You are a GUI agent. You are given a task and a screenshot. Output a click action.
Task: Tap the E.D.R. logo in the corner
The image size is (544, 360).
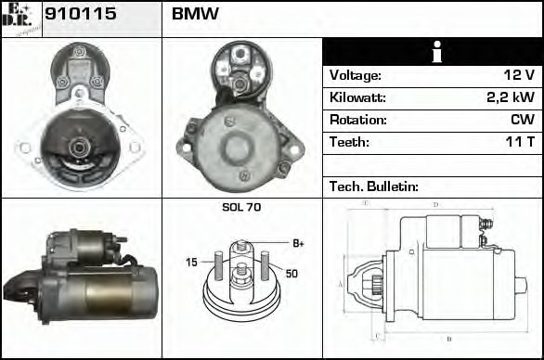20,19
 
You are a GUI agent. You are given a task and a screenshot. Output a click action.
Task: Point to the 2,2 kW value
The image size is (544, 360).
512,97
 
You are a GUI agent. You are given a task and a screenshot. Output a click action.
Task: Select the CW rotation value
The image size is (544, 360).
523,120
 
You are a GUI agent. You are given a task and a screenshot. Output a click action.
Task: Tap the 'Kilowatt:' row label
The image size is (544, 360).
357,97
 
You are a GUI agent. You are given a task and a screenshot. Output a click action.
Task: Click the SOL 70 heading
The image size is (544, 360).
241,207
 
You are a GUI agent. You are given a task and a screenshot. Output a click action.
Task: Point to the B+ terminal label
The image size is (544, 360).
298,243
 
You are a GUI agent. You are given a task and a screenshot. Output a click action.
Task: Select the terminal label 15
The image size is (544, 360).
191,263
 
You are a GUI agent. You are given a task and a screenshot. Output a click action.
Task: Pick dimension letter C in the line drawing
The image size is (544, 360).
374,338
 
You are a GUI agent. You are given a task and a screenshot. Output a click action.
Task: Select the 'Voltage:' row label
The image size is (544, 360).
356,75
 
